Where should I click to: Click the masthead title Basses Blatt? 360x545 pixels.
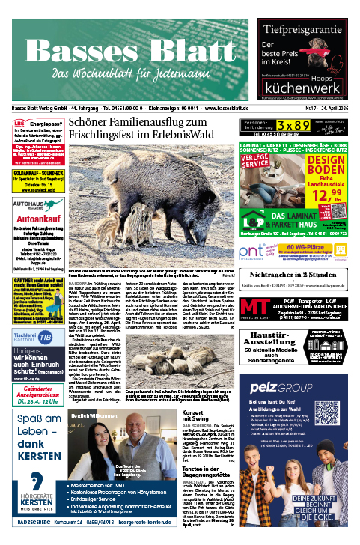pyautogui.click(x=123, y=52)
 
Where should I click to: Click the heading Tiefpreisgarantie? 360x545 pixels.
pyautogui.click(x=308, y=31)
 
